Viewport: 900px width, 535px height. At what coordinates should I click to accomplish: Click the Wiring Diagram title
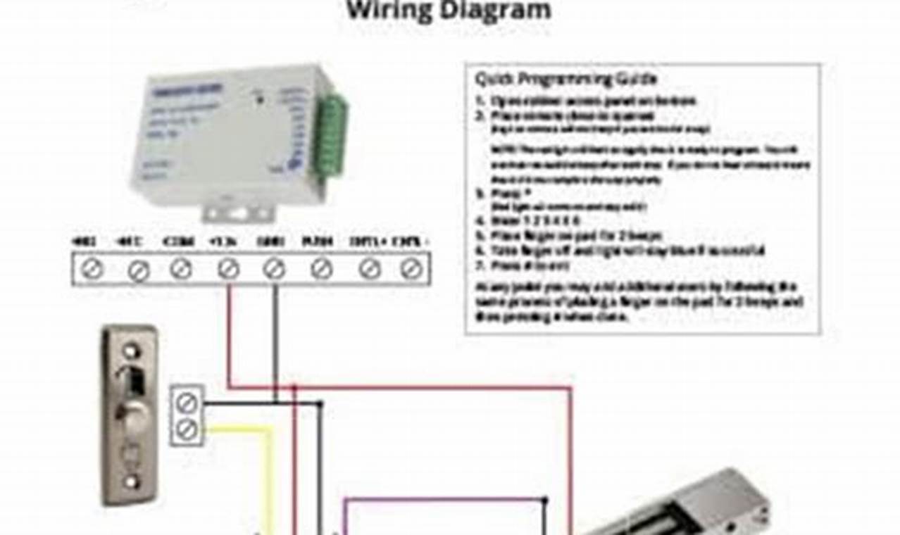pos(448,11)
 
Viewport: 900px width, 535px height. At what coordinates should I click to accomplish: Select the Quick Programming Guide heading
pos(565,78)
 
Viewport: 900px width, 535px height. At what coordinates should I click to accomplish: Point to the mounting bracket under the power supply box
pos(237,211)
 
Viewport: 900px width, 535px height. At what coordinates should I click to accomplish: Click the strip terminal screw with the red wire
pos(227,268)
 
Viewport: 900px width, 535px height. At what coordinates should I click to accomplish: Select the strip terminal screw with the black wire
pos(274,268)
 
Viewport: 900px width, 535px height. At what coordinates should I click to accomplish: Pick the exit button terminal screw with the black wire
pos(187,403)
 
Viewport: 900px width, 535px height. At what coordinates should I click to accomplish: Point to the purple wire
pos(444,500)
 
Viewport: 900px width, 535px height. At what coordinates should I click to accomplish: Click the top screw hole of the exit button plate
pos(131,349)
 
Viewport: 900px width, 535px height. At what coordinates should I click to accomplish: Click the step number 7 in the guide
pos(480,266)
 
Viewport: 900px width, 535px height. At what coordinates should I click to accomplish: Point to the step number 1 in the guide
pos(480,101)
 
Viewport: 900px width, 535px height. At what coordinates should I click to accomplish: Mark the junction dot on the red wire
pos(294,387)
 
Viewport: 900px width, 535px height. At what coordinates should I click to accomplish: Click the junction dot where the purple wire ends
pos(544,501)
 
